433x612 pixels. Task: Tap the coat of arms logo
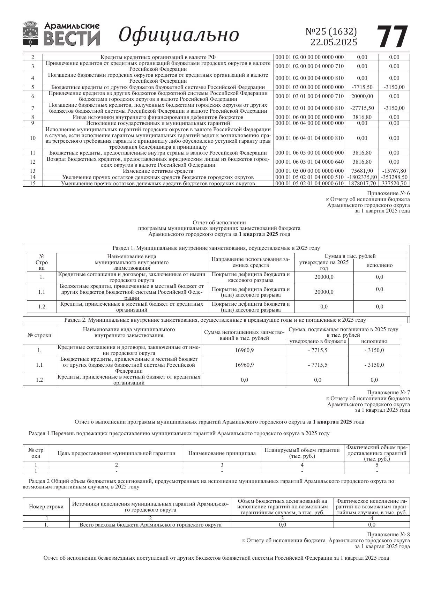(x=31, y=34)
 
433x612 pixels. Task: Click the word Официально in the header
(x=179, y=35)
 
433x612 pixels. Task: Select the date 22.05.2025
(x=334, y=42)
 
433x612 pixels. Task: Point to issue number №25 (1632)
(x=331, y=31)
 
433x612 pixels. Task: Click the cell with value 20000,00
(x=362, y=96)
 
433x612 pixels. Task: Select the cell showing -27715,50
(x=362, y=108)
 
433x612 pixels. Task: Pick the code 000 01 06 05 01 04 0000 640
(x=309, y=162)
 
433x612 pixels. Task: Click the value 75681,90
(x=362, y=171)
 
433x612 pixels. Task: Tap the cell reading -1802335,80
(x=362, y=177)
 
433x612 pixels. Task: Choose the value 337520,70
(x=394, y=183)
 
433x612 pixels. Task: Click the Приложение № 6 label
(x=388, y=193)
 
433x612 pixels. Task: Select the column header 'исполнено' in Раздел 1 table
(x=379, y=265)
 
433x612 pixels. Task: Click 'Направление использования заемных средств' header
(x=251, y=262)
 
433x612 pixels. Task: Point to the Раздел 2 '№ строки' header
(x=39, y=335)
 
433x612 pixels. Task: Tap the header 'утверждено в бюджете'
(x=317, y=341)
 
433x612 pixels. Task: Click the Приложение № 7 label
(x=388, y=393)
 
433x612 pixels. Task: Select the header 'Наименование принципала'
(x=222, y=453)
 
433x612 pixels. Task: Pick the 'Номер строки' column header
(x=46, y=507)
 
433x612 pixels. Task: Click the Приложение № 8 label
(x=388, y=535)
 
